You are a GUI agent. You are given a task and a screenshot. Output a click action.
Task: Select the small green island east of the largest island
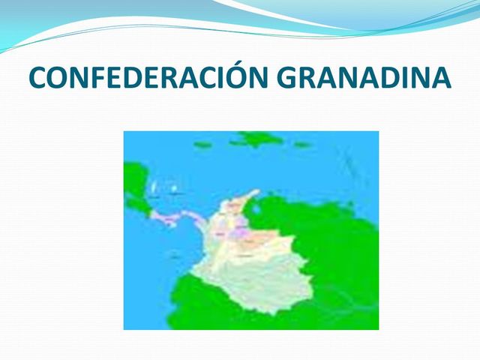[301, 144]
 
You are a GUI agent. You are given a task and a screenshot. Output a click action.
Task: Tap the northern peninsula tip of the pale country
[255, 192]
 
